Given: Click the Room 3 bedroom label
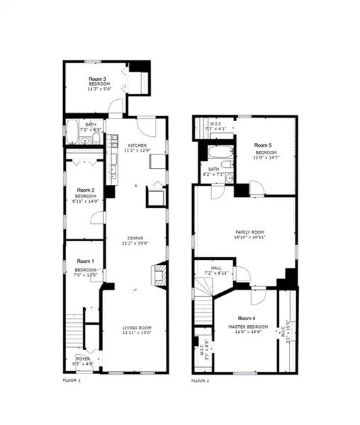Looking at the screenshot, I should [x=97, y=84].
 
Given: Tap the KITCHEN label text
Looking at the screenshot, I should [x=137, y=145].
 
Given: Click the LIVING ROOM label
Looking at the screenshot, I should [x=137, y=327].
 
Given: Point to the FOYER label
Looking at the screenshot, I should [x=83, y=359].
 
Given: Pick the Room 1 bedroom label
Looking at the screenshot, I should [x=85, y=266].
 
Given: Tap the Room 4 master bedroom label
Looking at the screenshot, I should [x=247, y=322].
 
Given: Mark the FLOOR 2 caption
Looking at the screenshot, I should [x=200, y=381].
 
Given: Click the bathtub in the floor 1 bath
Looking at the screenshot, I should [x=73, y=131].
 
